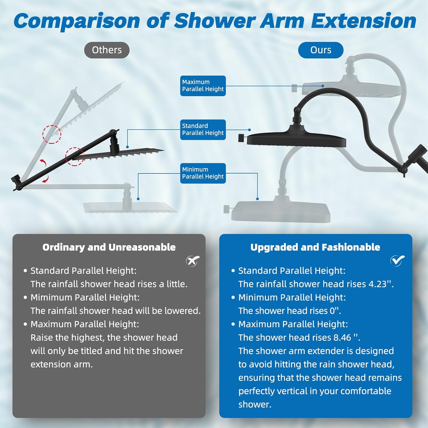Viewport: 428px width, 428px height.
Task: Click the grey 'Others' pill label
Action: click(x=107, y=50)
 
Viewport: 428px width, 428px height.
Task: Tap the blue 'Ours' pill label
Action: click(x=321, y=50)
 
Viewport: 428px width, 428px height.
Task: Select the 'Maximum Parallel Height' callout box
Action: click(x=203, y=86)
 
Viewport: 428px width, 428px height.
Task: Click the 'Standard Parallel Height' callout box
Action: click(x=203, y=130)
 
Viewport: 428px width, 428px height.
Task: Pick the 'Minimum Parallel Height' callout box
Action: click(x=203, y=173)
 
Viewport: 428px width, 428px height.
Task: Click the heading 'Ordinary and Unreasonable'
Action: click(x=109, y=247)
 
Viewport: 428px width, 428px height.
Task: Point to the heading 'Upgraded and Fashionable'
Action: click(x=315, y=247)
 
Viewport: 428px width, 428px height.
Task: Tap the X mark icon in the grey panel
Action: click(x=193, y=261)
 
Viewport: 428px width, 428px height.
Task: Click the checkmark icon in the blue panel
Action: click(x=397, y=260)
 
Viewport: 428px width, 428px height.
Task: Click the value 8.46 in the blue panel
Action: click(x=342, y=338)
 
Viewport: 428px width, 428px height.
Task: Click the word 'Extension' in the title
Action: click(x=364, y=21)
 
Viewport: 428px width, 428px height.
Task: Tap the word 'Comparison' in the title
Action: click(x=77, y=21)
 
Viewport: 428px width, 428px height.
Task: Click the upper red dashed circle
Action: click(x=52, y=134)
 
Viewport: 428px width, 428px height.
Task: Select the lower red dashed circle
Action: click(x=75, y=157)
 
